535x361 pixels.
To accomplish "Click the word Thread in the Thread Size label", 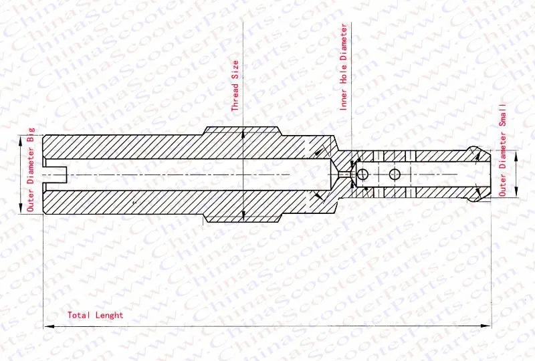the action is (x=235, y=96).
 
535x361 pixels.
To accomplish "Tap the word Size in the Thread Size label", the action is (x=235, y=70).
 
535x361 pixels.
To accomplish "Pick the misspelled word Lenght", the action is (x=109, y=316).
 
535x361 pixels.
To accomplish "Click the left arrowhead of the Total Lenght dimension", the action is (x=48, y=326).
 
